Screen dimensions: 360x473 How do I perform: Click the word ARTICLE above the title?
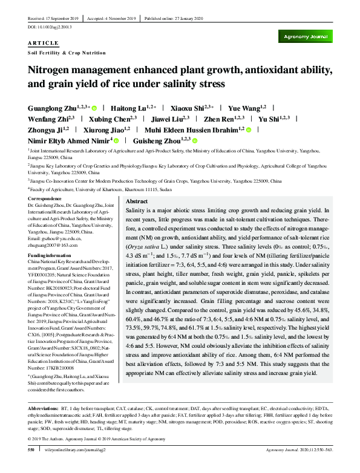click(43, 43)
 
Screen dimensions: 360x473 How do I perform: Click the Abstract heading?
click(136, 201)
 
